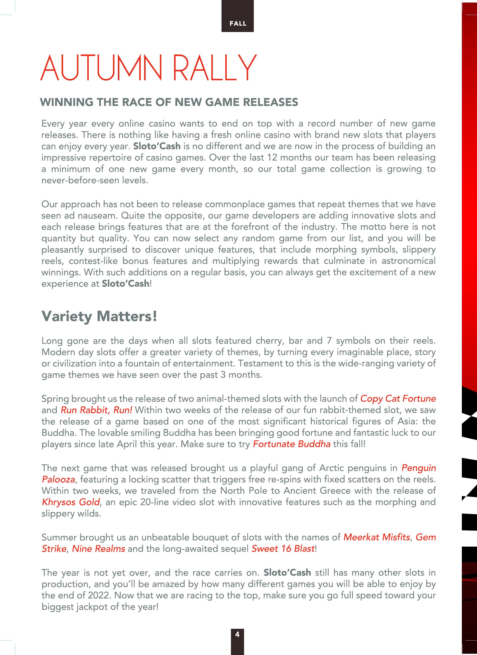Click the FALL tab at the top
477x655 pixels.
(238, 23)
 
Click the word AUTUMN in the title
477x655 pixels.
(101, 68)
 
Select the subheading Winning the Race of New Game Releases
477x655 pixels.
(169, 102)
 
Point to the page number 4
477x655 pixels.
(237, 634)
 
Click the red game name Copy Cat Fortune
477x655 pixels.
(398, 399)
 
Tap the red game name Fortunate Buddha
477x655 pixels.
(291, 444)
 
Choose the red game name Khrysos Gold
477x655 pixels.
(71, 502)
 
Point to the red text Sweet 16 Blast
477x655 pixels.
(282, 548)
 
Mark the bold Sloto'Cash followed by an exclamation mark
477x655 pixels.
(125, 284)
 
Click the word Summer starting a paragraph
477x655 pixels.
(59, 537)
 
